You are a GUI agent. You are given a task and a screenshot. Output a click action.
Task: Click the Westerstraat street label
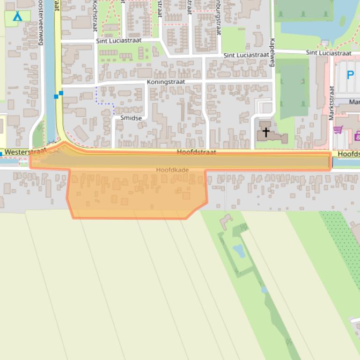point(25,152)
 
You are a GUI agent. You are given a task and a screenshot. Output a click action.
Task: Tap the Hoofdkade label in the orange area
point(173,170)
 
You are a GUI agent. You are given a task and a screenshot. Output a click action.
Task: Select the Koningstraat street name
point(166,82)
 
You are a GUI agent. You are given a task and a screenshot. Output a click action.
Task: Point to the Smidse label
point(131,118)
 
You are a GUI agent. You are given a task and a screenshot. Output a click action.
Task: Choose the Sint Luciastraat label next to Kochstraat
point(118,41)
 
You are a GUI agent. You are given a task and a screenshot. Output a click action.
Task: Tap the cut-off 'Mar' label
point(354,102)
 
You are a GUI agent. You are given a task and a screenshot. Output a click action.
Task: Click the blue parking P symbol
point(350,75)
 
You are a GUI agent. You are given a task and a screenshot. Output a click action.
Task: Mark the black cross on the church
point(266,132)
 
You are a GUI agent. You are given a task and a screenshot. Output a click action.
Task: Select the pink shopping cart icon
point(338,130)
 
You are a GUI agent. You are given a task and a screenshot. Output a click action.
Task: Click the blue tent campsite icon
point(17,16)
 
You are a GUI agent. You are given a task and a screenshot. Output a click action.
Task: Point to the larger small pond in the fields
point(239,251)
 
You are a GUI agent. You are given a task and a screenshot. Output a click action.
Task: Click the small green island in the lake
point(342,21)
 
